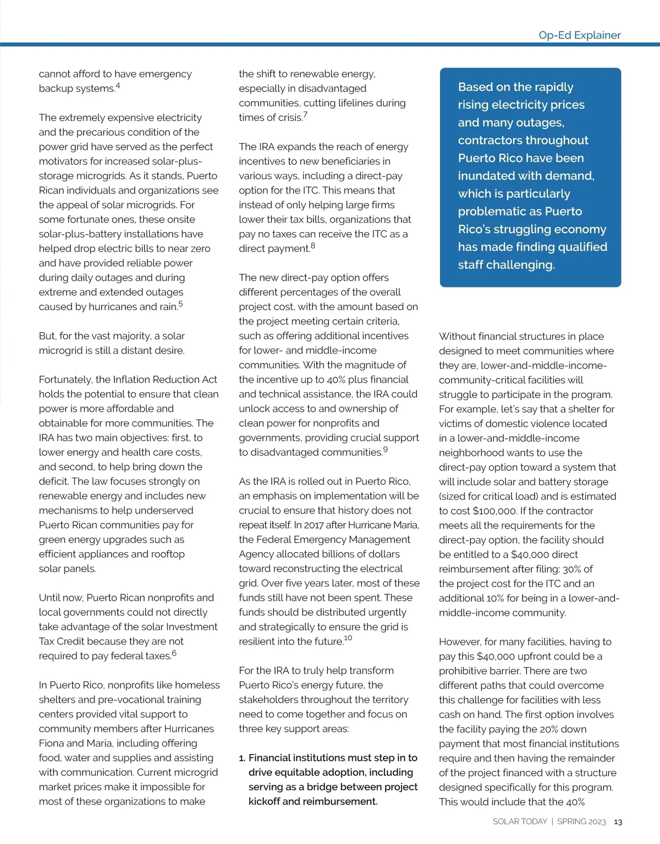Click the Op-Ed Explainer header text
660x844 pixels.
pyautogui.click(x=579, y=35)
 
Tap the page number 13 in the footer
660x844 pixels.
pyautogui.click(x=618, y=822)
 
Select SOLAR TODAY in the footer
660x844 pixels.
pyautogui.click(x=520, y=821)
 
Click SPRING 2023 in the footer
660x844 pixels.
pyautogui.click(x=581, y=821)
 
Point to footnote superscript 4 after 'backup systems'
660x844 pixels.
pyautogui.click(x=118, y=86)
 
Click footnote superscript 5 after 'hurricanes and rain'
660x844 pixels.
pyautogui.click(x=180, y=304)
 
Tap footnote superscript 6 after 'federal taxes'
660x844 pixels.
pyautogui.click(x=174, y=653)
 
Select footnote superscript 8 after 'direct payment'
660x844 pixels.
pyautogui.click(x=313, y=246)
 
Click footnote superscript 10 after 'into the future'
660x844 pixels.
pyautogui.click(x=348, y=638)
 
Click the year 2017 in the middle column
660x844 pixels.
pyautogui.click(x=315, y=525)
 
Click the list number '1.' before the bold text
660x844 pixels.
pyautogui.click(x=242, y=758)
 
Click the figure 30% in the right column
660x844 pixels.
pyautogui.click(x=571, y=569)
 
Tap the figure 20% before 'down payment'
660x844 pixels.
pyautogui.click(x=552, y=729)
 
